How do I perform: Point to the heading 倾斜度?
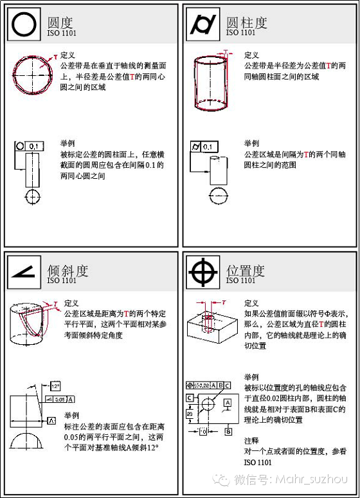pos(67,270)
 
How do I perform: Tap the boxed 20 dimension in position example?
pos(190,414)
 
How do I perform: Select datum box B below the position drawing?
pos(228,432)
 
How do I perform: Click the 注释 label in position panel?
pos(251,440)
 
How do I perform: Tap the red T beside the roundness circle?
pos(56,58)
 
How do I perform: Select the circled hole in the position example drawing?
pos(208,405)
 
